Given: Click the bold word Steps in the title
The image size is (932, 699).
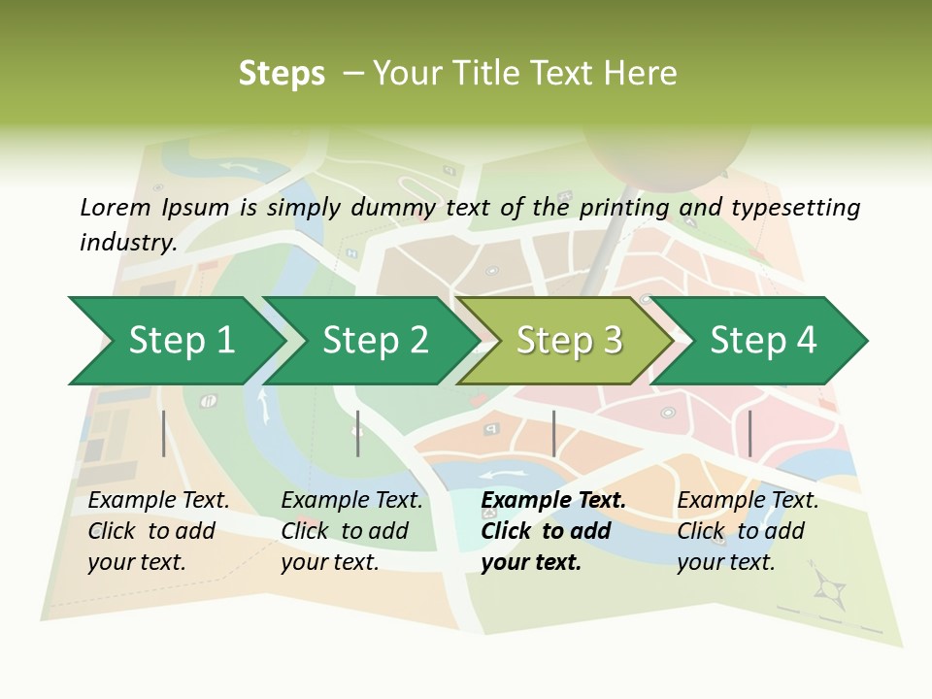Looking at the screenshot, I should (282, 74).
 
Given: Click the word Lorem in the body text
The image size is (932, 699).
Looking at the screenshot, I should (116, 207).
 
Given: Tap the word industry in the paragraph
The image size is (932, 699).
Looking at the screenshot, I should (126, 242).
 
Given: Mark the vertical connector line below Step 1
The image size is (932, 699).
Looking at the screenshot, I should (164, 433).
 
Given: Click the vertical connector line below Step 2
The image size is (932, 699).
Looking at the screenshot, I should (358, 433).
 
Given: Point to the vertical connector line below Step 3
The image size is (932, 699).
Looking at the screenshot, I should (553, 433).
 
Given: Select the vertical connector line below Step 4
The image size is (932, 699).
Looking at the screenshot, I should (749, 433).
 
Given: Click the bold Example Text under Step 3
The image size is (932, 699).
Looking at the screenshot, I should (553, 501).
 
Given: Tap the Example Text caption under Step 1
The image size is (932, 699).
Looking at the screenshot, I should (158, 501).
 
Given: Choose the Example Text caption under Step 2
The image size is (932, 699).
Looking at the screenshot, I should (351, 501).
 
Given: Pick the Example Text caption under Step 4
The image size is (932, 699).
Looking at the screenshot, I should (748, 501).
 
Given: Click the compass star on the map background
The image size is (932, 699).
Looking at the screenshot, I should (830, 586).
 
